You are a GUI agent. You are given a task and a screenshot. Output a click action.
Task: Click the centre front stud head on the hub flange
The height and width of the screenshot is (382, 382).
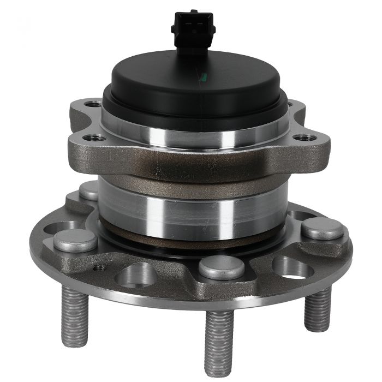pyautogui.click(x=221, y=267)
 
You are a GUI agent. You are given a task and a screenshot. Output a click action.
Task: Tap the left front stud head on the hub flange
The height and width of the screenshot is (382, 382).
pyautogui.click(x=75, y=240)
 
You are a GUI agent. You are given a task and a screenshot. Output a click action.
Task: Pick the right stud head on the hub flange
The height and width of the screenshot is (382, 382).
pyautogui.click(x=323, y=229)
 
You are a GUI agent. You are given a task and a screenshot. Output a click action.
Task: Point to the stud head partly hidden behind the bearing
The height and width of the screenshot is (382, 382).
pyautogui.click(x=88, y=190)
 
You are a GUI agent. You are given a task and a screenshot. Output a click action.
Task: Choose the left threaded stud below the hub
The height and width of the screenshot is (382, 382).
pyautogui.click(x=74, y=308)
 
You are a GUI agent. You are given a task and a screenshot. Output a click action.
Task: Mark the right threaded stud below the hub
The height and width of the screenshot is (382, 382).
pyautogui.click(x=317, y=308)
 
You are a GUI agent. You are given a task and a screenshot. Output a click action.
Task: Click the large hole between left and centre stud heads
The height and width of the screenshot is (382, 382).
pyautogui.click(x=135, y=273)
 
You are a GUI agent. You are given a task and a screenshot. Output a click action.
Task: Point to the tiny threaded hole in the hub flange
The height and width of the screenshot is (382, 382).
pyautogui.click(x=99, y=268)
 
